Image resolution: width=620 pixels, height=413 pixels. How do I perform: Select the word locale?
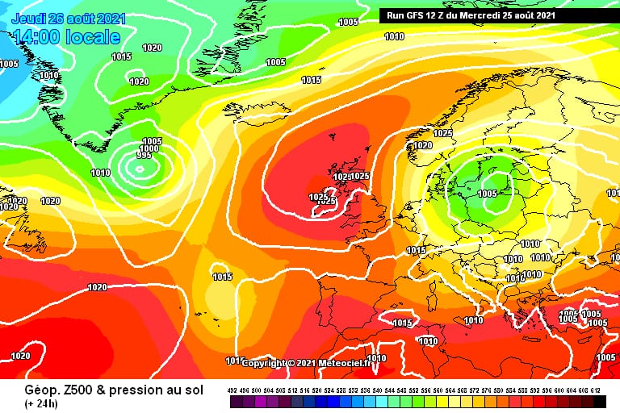[x=92, y=37]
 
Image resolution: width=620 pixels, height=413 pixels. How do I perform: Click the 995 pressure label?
[x=144, y=156]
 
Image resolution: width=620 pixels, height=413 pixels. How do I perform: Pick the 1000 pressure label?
[x=149, y=149]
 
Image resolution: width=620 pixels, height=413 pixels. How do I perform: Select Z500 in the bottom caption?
[x=70, y=390]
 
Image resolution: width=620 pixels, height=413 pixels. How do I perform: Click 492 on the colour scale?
[x=232, y=391]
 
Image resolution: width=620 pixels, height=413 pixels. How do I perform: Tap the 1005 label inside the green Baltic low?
[x=488, y=194]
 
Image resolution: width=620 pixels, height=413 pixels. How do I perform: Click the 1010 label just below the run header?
[x=394, y=36]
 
